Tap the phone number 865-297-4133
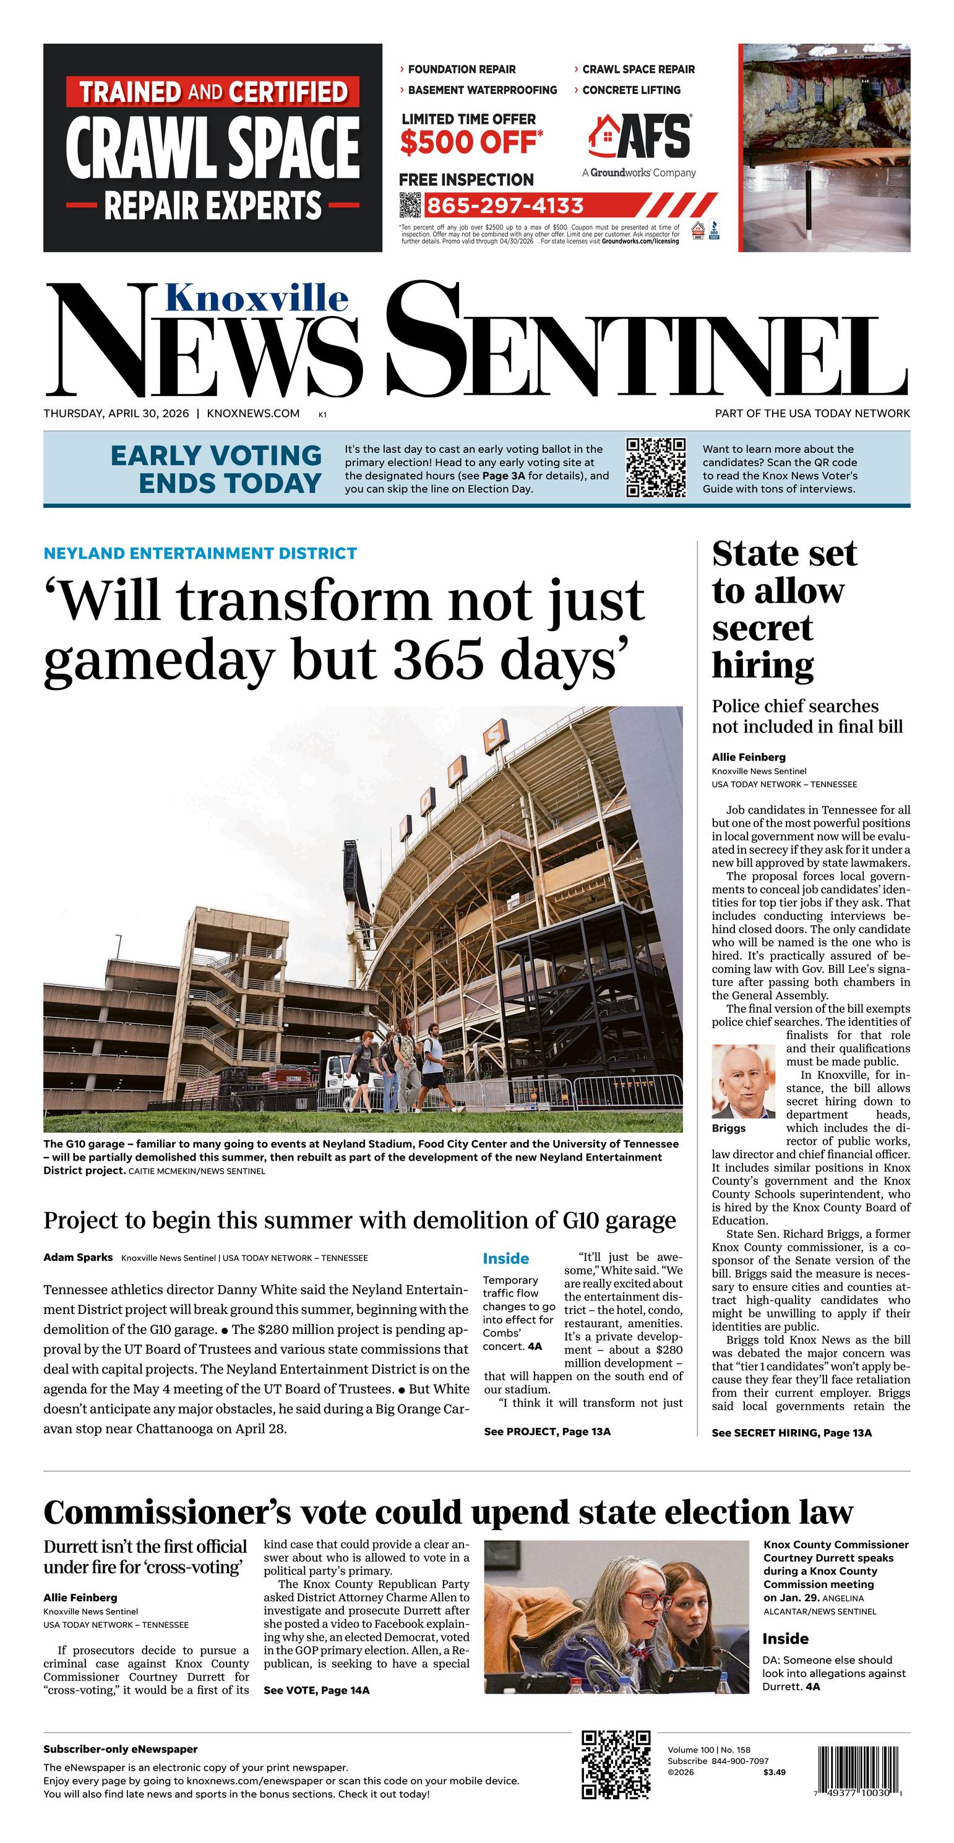(x=505, y=206)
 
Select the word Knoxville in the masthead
(x=257, y=298)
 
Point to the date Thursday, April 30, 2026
(x=116, y=413)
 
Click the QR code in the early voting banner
(x=656, y=467)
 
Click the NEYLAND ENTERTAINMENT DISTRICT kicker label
(x=200, y=553)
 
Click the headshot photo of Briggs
(x=743, y=1081)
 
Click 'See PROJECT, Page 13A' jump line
(x=547, y=1431)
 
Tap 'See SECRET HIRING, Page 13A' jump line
(x=791, y=1432)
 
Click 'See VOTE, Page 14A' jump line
(x=316, y=1690)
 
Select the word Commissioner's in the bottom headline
(x=168, y=1513)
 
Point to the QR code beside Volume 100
(x=616, y=1765)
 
